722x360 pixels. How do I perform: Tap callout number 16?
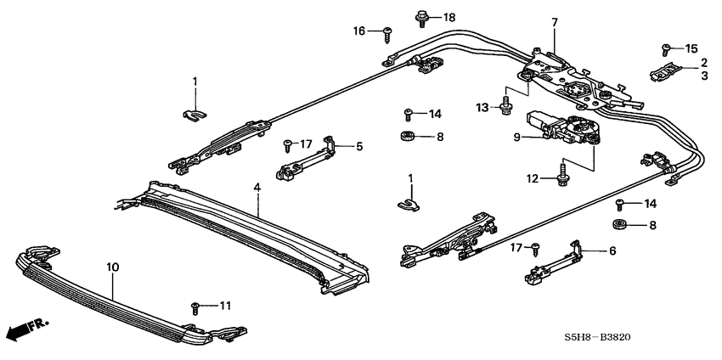click(x=360, y=31)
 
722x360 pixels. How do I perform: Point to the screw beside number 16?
click(x=388, y=32)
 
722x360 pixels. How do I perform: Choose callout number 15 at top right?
click(x=690, y=48)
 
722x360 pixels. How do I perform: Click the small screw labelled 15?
click(x=668, y=48)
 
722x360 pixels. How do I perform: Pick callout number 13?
click(x=482, y=107)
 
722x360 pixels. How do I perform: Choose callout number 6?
click(x=612, y=251)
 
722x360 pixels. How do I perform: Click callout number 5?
click(x=358, y=147)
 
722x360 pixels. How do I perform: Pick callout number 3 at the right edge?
click(x=704, y=76)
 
